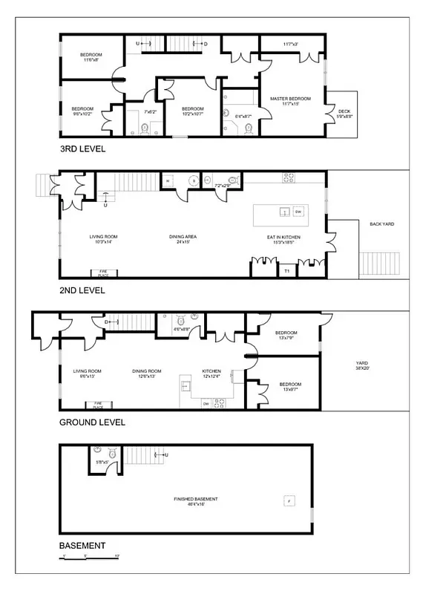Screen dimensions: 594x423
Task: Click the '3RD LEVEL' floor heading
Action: click(x=82, y=148)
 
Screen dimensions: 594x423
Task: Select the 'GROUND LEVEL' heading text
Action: click(x=92, y=422)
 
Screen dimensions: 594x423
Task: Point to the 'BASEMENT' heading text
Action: click(x=82, y=545)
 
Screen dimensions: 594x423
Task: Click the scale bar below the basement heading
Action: click(x=89, y=557)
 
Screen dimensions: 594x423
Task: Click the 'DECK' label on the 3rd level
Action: click(x=344, y=113)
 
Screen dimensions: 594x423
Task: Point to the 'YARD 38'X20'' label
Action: click(x=362, y=366)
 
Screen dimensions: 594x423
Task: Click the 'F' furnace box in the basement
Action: click(x=288, y=501)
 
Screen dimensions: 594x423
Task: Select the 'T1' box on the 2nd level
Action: click(x=287, y=271)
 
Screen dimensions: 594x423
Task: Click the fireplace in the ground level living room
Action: click(x=98, y=406)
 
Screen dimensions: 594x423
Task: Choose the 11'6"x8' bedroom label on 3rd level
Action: click(x=91, y=58)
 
